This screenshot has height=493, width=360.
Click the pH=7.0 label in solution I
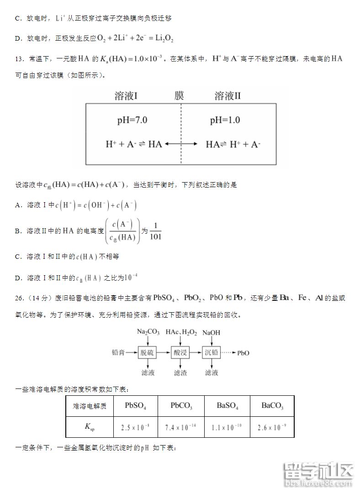132,121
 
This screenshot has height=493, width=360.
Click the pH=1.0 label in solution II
225,121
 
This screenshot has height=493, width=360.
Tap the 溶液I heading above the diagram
127,96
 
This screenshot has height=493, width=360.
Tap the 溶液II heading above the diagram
228,96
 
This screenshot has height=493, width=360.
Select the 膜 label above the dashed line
179,96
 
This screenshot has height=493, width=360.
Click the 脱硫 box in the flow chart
147,352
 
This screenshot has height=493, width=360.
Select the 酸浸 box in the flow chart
180,352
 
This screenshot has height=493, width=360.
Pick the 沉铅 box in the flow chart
212,352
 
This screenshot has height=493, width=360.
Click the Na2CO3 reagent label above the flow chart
148,332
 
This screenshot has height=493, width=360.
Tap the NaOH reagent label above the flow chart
211,333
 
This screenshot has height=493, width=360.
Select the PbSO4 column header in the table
135,405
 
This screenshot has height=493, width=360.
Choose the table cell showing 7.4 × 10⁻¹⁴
181,428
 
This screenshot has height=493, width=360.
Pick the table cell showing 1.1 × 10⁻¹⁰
227,428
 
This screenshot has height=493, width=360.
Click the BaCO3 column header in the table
272,405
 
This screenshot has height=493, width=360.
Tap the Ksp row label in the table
90,428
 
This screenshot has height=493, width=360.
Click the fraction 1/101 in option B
155,231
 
